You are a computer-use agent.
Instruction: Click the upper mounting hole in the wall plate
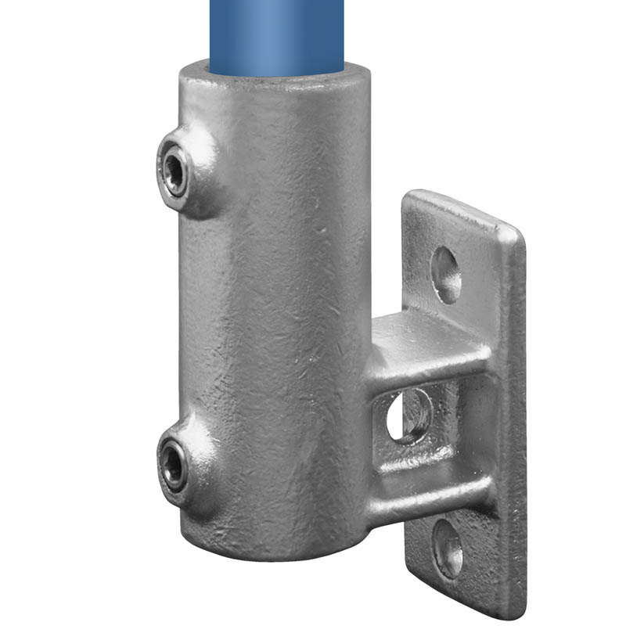click(x=446, y=275)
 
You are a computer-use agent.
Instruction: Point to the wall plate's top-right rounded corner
click(x=513, y=232)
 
